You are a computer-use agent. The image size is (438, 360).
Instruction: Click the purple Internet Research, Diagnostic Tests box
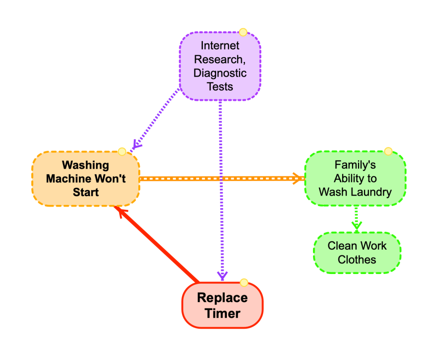click(220, 66)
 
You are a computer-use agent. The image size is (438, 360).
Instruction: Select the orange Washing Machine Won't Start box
click(86, 179)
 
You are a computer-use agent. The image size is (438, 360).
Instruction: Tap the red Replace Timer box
click(222, 305)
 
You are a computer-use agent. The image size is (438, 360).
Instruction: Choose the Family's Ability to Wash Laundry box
click(355, 179)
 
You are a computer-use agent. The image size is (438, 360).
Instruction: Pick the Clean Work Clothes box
click(357, 253)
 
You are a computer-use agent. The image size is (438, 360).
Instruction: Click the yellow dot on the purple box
click(243, 32)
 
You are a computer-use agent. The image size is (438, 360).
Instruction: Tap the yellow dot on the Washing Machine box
click(122, 152)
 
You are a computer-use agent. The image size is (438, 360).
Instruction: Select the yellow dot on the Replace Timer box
click(244, 283)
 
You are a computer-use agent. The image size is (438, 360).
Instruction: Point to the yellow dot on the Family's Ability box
click(388, 151)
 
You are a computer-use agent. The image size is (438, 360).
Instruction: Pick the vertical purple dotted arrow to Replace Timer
click(221, 188)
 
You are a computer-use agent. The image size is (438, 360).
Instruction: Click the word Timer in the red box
click(222, 313)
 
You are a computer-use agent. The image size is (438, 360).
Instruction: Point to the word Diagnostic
click(220, 73)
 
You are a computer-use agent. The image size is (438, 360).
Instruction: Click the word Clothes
click(357, 259)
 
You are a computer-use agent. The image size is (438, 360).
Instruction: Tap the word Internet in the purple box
click(220, 45)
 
